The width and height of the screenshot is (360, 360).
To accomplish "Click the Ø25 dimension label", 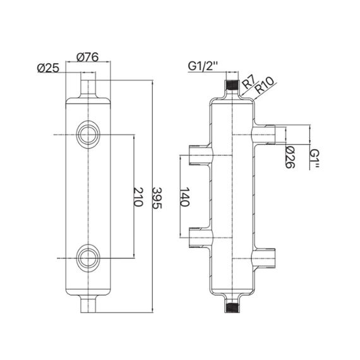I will pyautogui.click(x=48, y=68).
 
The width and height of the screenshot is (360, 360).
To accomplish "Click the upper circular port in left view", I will pyautogui.click(x=86, y=134).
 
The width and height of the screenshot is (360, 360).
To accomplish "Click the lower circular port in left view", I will pyautogui.click(x=86, y=257).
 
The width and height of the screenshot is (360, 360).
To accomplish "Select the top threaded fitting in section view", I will pyautogui.click(x=231, y=83).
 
